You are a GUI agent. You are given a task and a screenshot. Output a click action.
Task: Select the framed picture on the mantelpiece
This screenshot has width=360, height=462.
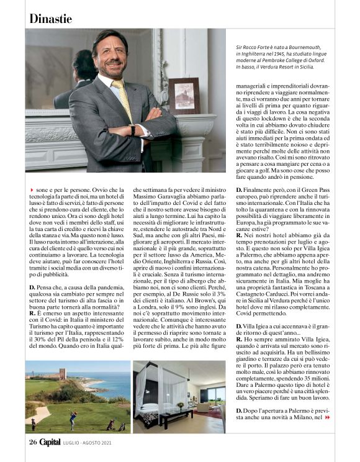[184, 96]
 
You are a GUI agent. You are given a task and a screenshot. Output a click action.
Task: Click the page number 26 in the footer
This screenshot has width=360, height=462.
[33, 442]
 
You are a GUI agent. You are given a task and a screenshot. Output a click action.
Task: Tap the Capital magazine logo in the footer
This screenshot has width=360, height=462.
[50, 442]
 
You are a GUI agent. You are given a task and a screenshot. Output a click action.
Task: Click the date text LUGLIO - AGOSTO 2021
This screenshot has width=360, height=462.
[88, 442]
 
